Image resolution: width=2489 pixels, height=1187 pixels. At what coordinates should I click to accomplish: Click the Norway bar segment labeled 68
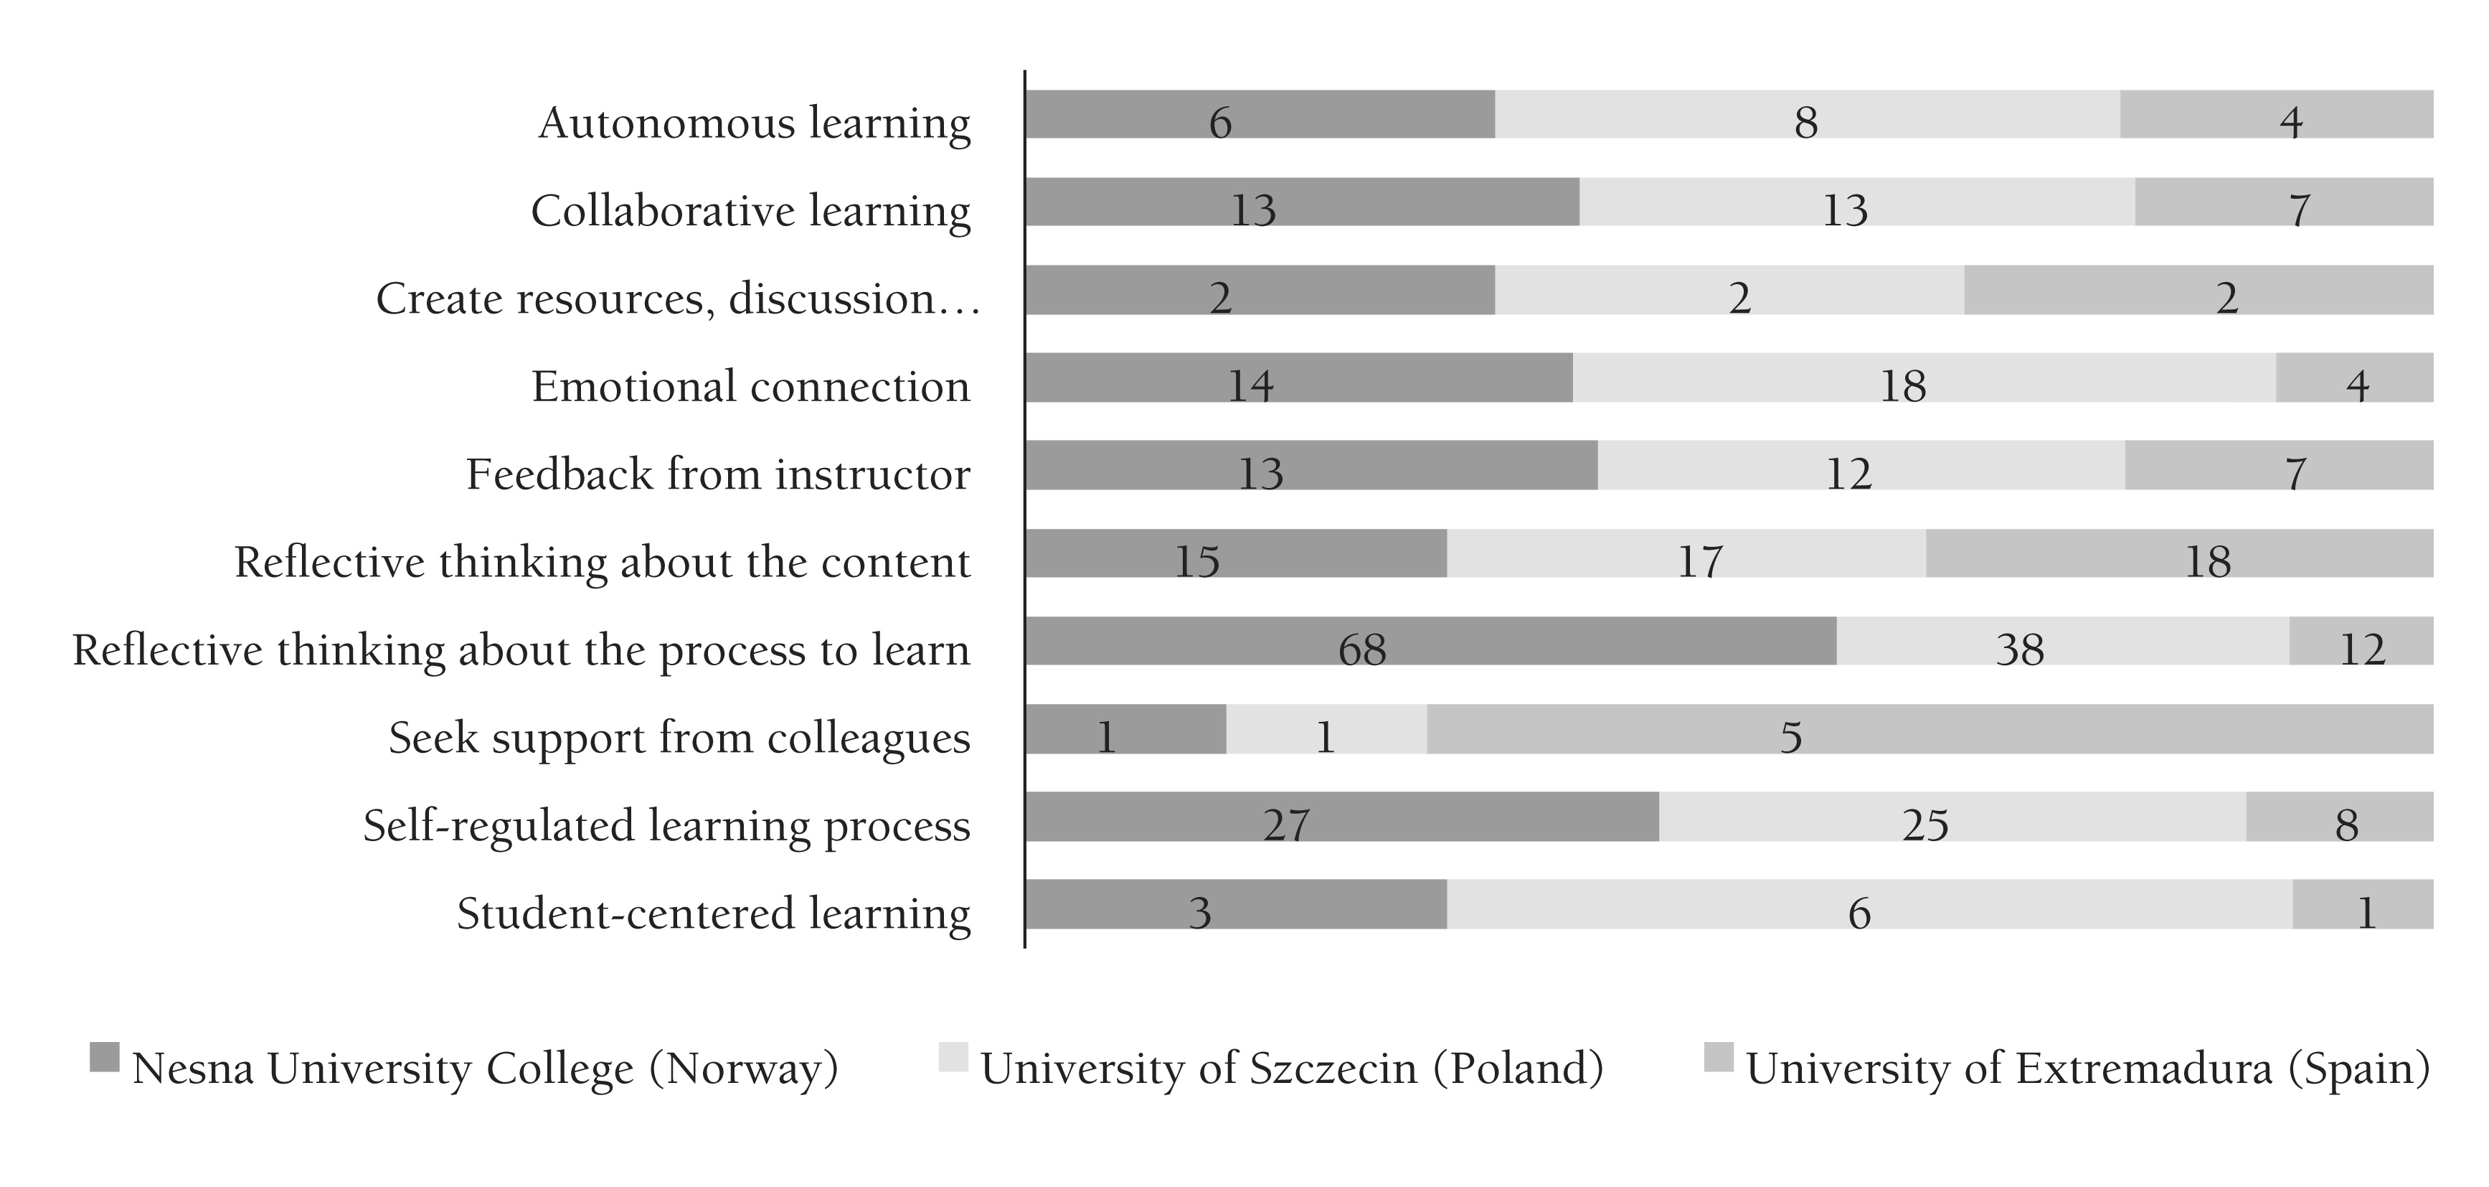[x=1430, y=641]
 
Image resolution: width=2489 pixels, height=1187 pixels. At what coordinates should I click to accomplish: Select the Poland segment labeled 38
[x=2062, y=641]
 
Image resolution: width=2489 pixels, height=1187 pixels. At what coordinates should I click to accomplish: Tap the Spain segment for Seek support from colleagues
[x=1930, y=729]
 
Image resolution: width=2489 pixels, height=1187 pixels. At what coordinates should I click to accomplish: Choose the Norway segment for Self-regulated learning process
[x=1341, y=817]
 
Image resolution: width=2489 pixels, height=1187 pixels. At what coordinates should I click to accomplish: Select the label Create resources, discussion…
[x=677, y=299]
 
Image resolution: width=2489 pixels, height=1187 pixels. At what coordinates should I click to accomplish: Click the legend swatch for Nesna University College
[x=104, y=1056]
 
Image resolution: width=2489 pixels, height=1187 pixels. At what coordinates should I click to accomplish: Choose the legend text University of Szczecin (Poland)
[x=1292, y=1068]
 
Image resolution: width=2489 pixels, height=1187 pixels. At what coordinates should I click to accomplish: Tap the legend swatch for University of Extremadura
[x=1718, y=1056]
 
